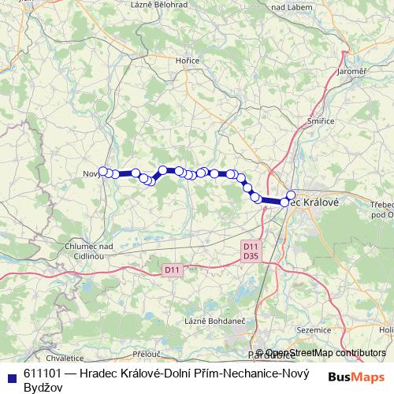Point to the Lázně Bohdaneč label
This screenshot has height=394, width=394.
(x=212, y=322)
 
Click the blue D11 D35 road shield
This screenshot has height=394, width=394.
(x=251, y=251)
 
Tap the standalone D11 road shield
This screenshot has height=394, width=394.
(x=172, y=270)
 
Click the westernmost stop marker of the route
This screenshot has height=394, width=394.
(x=102, y=171)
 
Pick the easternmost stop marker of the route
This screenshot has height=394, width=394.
(x=291, y=195)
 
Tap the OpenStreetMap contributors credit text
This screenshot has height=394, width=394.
(x=325, y=353)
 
